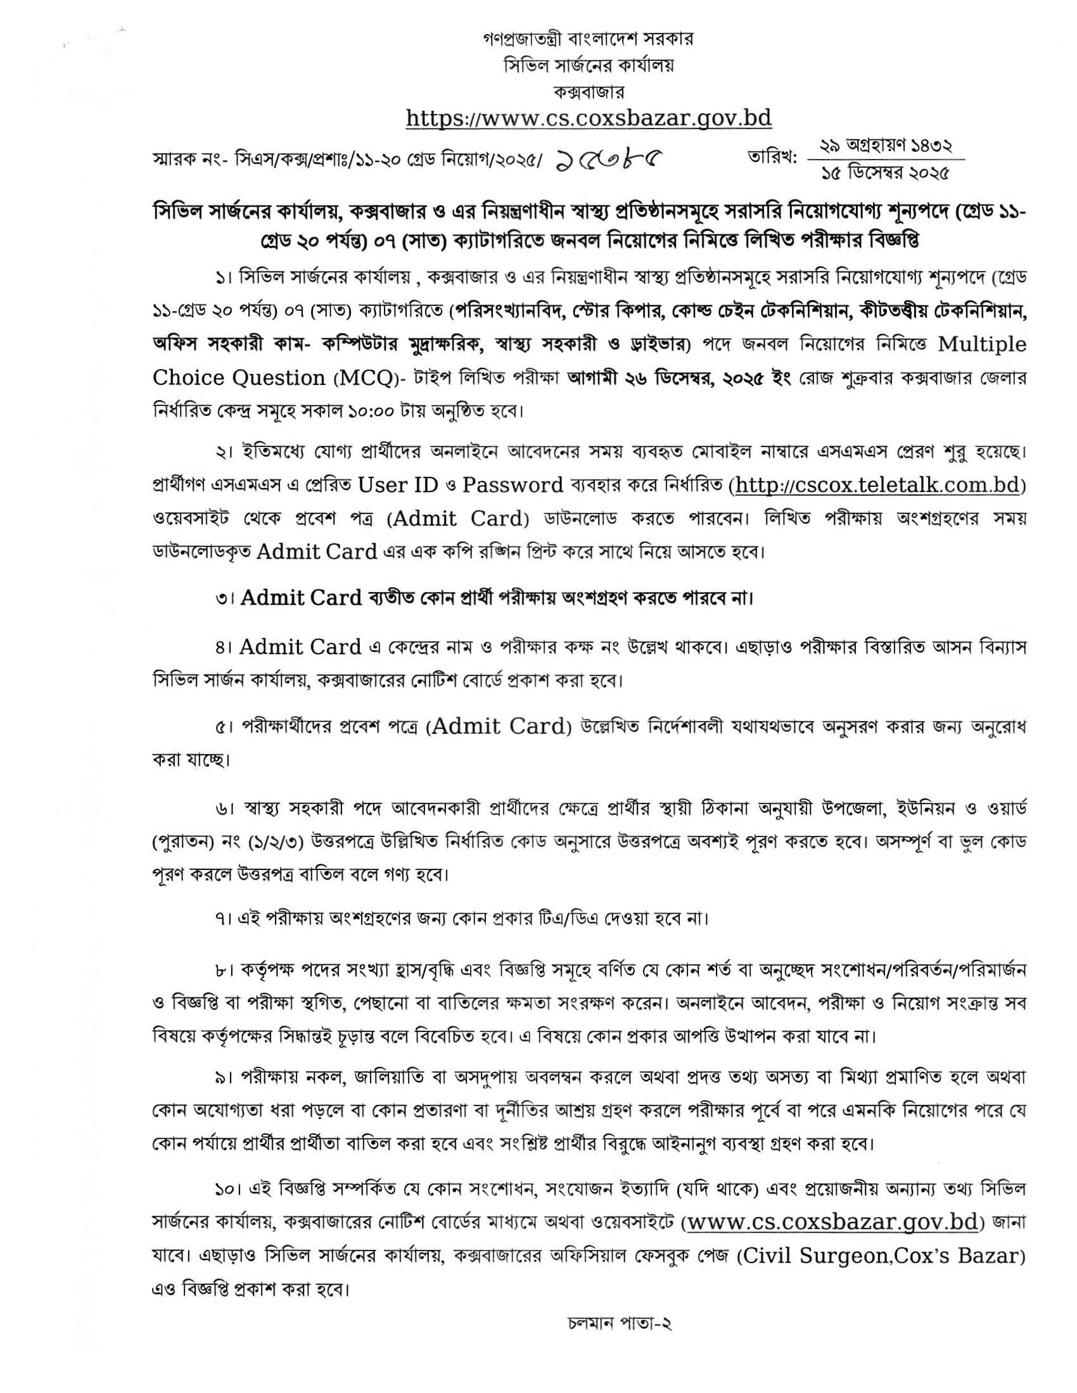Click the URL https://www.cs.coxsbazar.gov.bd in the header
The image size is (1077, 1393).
(x=589, y=118)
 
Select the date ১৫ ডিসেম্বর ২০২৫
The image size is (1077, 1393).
(x=885, y=173)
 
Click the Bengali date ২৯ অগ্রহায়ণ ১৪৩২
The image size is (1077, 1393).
(x=886, y=146)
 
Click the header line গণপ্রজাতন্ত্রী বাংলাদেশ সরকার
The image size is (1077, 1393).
(x=588, y=39)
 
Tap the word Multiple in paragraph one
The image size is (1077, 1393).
(x=982, y=344)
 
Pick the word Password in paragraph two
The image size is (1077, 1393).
(x=513, y=486)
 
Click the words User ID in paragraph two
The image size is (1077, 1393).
(x=398, y=486)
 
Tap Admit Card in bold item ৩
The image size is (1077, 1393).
(x=302, y=598)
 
